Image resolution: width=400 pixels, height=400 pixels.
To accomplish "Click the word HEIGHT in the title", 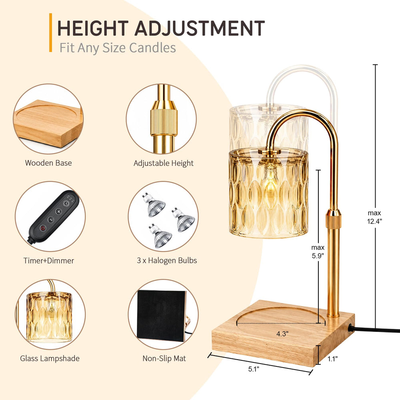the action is (93, 28).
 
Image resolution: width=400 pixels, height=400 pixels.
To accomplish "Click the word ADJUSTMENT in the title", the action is (200, 28).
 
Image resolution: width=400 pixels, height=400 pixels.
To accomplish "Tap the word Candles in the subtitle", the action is (152, 48).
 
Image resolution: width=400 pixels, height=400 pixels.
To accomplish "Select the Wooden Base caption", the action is (48, 163).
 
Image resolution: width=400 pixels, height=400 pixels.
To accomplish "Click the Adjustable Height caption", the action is (164, 163).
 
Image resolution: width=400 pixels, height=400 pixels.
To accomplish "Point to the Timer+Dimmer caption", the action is (49, 260).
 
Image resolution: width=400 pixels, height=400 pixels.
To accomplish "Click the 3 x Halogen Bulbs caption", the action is (167, 260).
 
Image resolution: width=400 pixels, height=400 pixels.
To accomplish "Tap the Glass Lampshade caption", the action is (50, 358).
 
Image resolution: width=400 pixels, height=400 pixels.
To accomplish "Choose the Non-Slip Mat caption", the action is (164, 358).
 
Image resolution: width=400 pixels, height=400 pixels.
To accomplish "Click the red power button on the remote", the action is (43, 228).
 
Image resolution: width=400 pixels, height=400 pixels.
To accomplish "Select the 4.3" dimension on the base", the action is (282, 334).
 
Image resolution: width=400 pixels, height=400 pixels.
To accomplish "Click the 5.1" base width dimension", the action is (254, 369).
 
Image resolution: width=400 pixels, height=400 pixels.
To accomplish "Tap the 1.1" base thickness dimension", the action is (332, 359).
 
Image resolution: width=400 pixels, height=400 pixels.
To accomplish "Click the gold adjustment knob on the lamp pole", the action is (333, 219).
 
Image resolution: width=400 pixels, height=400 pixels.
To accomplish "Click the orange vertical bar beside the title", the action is (50, 33).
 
